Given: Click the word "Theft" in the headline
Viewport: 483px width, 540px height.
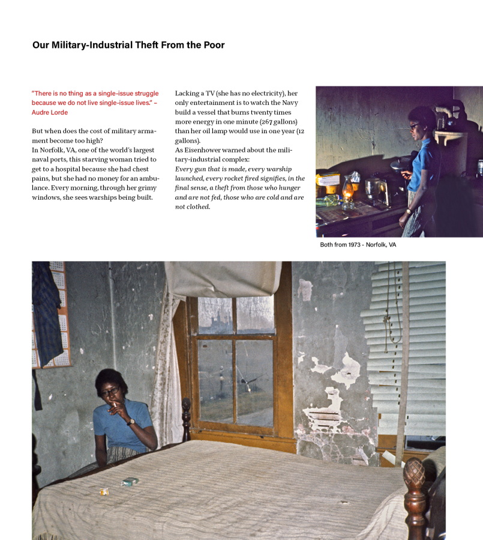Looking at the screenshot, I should pyautogui.click(x=145, y=45).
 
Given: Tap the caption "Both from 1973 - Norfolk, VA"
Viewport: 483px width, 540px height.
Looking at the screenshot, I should pyautogui.click(x=358, y=245).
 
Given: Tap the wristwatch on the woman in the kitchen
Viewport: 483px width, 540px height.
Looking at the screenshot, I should pyautogui.click(x=408, y=210).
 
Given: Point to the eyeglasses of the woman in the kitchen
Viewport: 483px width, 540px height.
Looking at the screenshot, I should pyautogui.click(x=415, y=126).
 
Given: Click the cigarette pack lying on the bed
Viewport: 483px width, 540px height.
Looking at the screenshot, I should pyautogui.click(x=130, y=481).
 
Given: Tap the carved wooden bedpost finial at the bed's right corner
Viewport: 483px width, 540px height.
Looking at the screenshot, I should pyautogui.click(x=414, y=474).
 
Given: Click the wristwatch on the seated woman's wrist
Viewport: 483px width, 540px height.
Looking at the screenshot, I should pyautogui.click(x=131, y=421).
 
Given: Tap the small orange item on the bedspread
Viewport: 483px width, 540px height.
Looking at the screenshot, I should pyautogui.click(x=104, y=491).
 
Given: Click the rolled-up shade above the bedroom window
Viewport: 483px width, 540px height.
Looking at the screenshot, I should pyautogui.click(x=223, y=279).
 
